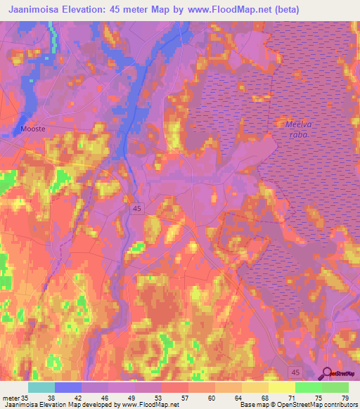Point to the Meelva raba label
pyautogui.click(x=299, y=129)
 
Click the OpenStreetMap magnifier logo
pyautogui.click(x=326, y=374)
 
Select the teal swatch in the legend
pyautogui.click(x=41, y=387)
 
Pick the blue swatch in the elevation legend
pyautogui.click(x=68, y=387)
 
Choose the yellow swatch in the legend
pyautogui.click(x=281, y=387)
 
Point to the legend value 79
pyautogui.click(x=344, y=398)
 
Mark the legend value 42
pyautogui.click(x=77, y=398)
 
